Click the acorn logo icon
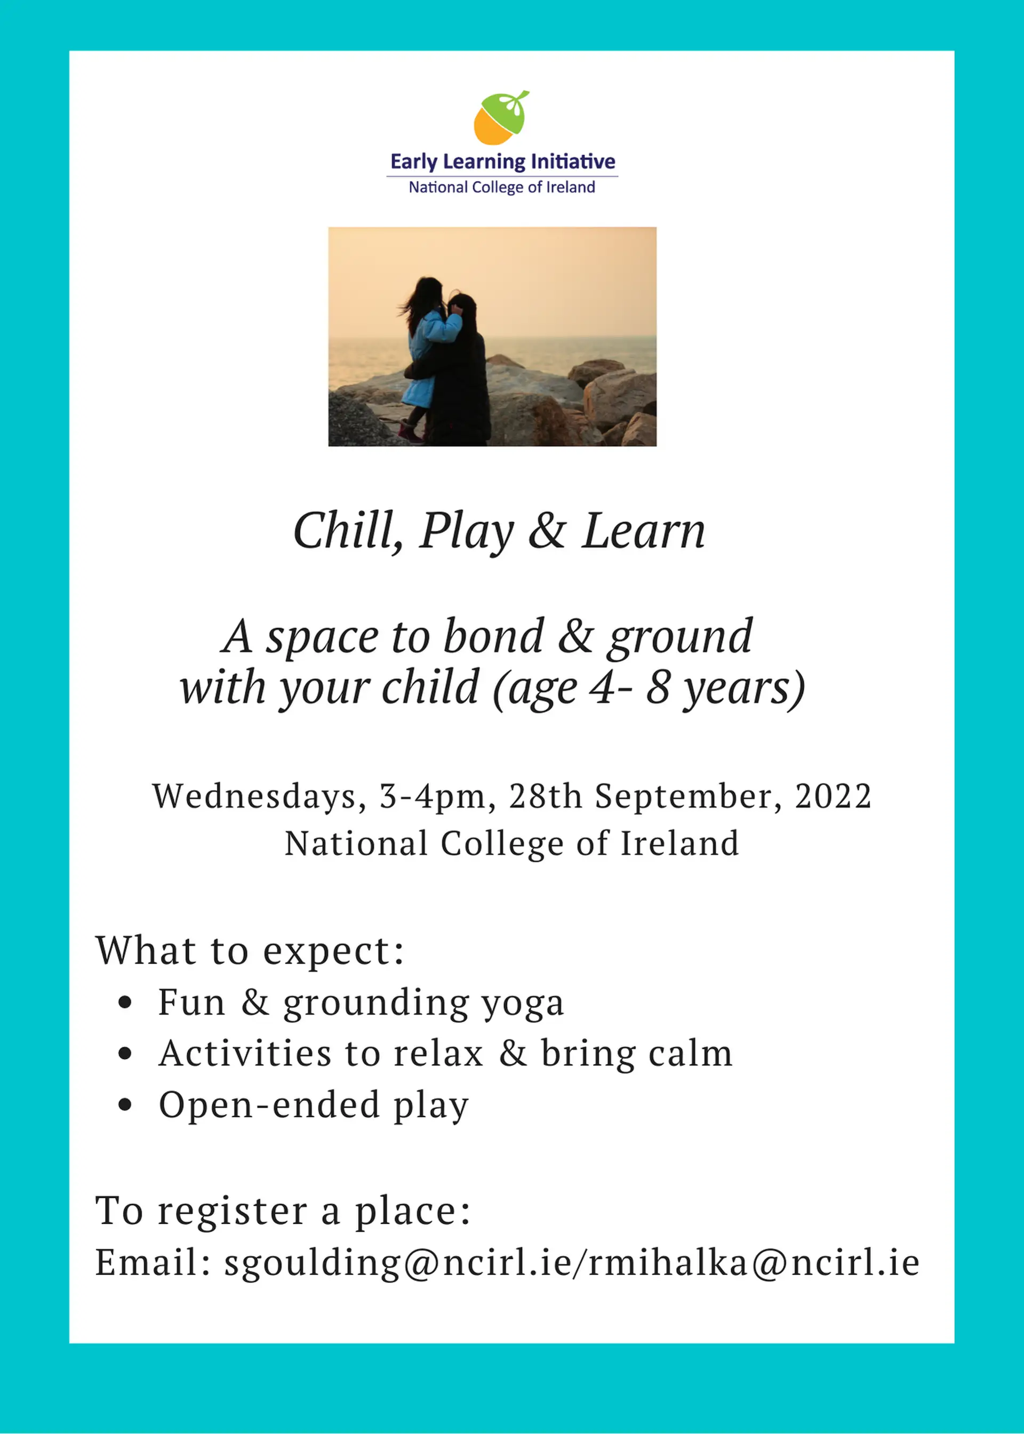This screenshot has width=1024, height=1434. (x=501, y=117)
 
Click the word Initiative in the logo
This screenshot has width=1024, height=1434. (x=572, y=162)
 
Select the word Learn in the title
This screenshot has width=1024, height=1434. (x=643, y=531)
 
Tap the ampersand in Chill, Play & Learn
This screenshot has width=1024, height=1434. (x=547, y=531)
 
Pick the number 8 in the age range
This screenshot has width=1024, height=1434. (x=658, y=688)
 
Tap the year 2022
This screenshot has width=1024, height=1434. (x=833, y=796)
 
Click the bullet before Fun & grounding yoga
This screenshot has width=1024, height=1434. (x=125, y=1002)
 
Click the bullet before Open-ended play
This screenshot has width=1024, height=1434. (x=125, y=1104)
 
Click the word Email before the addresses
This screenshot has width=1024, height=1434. (x=146, y=1263)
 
